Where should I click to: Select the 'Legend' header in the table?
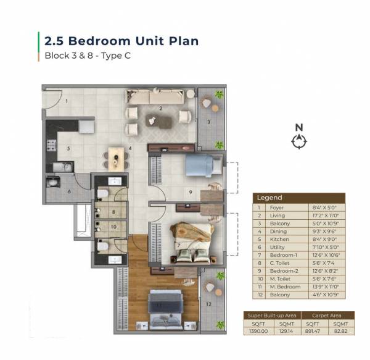269,198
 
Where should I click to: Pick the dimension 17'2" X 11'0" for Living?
325,216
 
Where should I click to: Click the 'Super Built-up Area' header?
269,316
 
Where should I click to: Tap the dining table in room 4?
115,157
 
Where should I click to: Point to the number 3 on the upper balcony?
208,122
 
